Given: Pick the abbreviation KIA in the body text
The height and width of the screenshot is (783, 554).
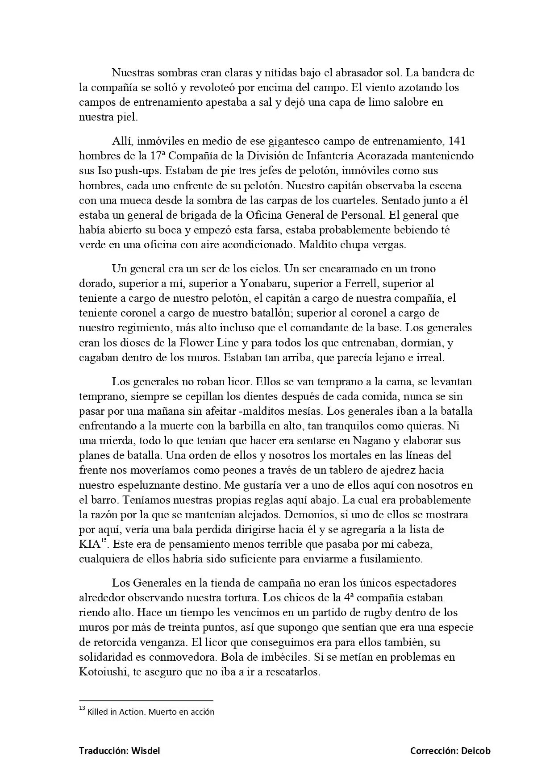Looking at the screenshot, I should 89,544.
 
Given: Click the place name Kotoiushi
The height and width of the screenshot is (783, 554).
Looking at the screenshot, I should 103,672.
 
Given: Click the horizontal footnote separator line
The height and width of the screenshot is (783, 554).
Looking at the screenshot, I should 146,700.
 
